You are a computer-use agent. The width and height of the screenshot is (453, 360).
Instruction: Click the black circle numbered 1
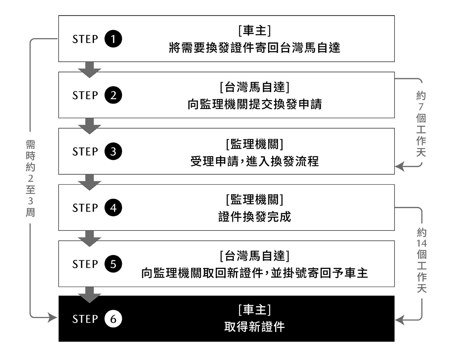click(x=113, y=39)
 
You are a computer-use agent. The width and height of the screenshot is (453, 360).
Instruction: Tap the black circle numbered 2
click(x=113, y=95)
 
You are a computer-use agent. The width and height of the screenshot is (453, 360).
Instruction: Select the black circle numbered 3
click(x=113, y=151)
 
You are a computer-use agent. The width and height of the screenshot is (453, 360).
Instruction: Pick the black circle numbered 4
click(x=113, y=208)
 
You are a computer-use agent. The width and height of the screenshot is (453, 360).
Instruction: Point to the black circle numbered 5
click(x=113, y=264)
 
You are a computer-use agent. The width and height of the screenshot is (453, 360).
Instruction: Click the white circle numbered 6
click(x=113, y=319)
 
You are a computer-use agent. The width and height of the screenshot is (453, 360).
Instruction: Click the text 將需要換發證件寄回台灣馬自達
click(x=254, y=49)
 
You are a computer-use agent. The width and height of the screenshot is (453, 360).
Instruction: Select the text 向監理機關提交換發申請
click(x=254, y=105)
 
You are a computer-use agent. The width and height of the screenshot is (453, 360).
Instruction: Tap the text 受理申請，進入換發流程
click(x=254, y=161)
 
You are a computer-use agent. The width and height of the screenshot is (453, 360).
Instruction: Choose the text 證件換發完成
click(x=254, y=218)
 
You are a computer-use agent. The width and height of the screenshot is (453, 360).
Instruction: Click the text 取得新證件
click(x=254, y=327)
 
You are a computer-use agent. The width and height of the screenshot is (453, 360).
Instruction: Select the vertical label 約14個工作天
click(x=422, y=260)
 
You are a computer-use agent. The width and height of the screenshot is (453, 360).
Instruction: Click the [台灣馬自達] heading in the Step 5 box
click(x=254, y=256)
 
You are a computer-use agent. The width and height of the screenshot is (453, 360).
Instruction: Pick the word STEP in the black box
click(x=85, y=320)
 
